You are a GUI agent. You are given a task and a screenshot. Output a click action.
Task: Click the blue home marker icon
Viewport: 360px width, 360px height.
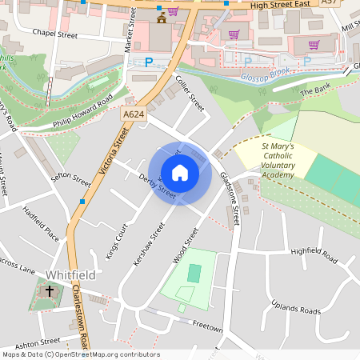(180, 173)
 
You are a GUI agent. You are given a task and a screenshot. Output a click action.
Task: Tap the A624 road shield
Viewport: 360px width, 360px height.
(134, 115)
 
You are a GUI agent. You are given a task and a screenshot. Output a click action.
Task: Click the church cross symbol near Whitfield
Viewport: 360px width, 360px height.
(50, 293)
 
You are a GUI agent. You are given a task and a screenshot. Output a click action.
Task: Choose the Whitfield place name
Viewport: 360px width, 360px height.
(70, 274)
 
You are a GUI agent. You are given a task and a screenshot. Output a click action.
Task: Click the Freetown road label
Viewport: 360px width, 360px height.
(207, 328)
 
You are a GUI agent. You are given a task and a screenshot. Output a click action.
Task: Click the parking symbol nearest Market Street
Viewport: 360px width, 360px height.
(147, 62)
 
